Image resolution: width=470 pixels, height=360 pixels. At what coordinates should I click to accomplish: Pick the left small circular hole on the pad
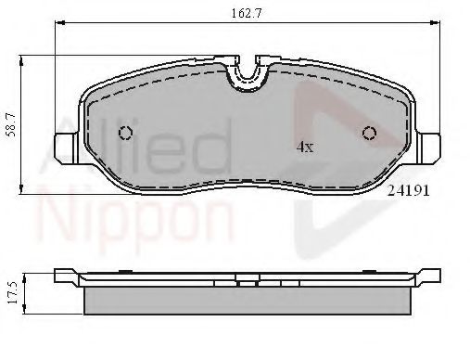[x=125, y=134]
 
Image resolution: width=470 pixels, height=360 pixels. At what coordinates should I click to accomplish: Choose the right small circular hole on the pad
[x=369, y=133]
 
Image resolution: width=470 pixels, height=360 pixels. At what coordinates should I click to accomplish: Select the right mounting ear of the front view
[x=429, y=146]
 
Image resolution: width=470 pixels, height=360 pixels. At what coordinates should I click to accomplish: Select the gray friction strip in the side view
[x=247, y=298]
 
